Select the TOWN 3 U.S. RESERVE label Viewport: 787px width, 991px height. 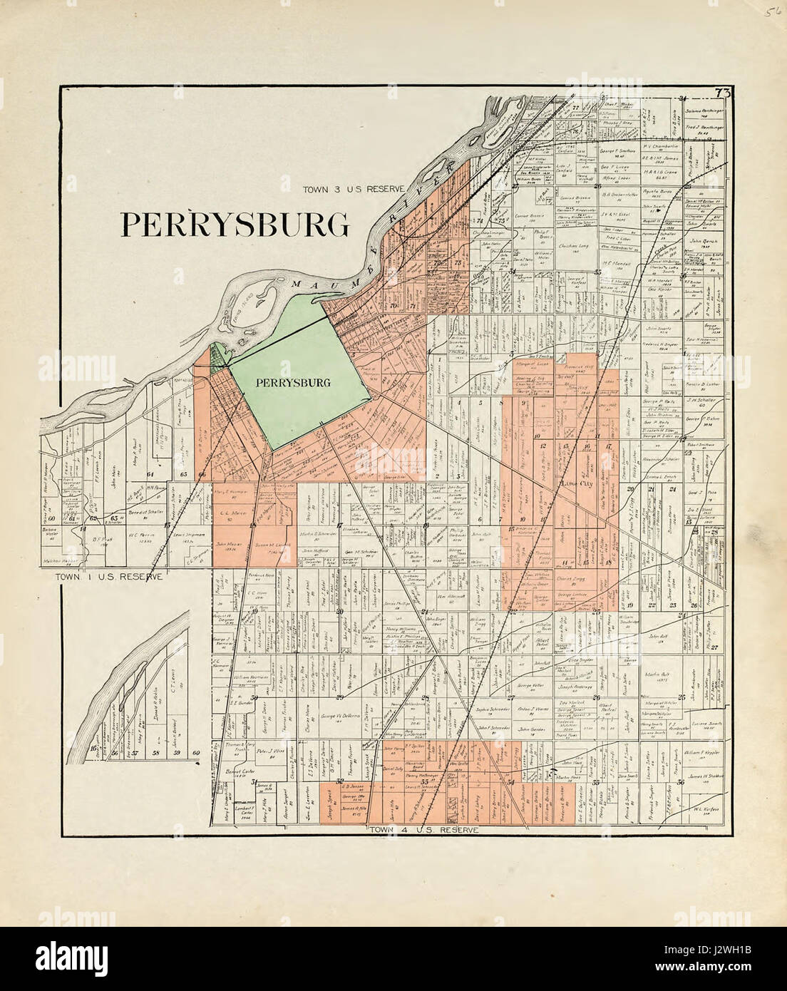(x=354, y=189)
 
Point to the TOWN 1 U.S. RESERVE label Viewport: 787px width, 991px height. (x=112, y=575)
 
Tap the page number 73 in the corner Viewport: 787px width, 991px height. (x=723, y=93)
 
